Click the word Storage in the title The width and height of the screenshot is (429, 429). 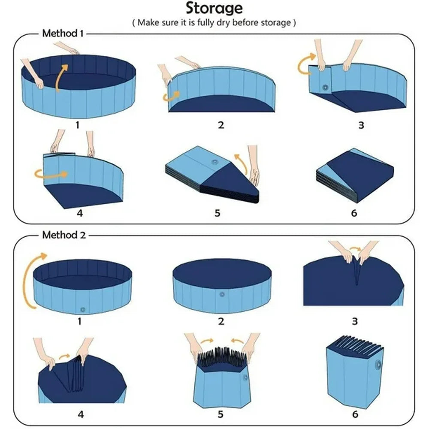pyautogui.click(x=214, y=8)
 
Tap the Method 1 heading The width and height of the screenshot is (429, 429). pyautogui.click(x=63, y=33)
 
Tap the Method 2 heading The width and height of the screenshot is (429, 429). pyautogui.click(x=64, y=235)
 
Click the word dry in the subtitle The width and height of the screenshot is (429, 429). pyautogui.click(x=224, y=22)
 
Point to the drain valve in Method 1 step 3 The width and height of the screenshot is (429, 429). pyautogui.click(x=325, y=88)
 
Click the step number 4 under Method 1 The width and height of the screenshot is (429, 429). pyautogui.click(x=80, y=213)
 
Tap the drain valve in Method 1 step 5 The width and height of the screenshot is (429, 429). pyautogui.click(x=214, y=162)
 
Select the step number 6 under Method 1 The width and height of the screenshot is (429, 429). pyautogui.click(x=354, y=213)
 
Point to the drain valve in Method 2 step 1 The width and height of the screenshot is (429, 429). pyautogui.click(x=83, y=310)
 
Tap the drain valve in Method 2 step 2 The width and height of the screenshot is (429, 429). pyautogui.click(x=222, y=294)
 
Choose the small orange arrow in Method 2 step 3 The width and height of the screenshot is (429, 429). pyautogui.click(x=355, y=249)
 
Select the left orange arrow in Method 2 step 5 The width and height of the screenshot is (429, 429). pyautogui.click(x=207, y=341)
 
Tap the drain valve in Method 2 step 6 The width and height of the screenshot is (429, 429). pyautogui.click(x=378, y=364)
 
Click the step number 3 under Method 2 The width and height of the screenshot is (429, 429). pyautogui.click(x=355, y=321)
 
